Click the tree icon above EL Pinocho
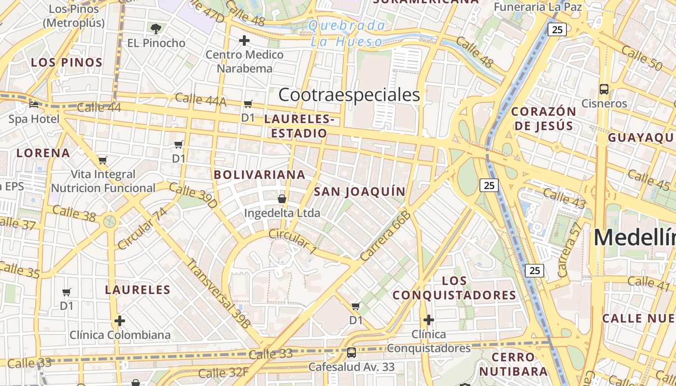155,28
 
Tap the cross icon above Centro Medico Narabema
244,41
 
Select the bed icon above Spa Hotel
33,104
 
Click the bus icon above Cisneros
604,89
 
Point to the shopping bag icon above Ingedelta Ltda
282,199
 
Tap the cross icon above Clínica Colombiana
120,321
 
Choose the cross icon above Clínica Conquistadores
428,320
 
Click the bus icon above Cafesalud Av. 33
352,353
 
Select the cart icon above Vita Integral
102,160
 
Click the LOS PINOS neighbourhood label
67,62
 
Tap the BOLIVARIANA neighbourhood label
260,175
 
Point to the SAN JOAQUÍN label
360,192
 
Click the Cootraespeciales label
349,95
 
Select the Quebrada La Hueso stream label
347,34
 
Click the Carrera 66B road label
386,236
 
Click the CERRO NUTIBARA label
513,364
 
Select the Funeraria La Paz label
537,7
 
